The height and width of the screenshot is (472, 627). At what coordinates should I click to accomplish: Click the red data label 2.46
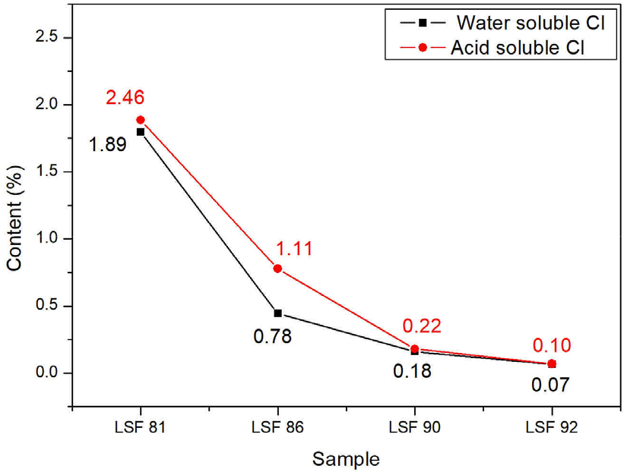pos(125,98)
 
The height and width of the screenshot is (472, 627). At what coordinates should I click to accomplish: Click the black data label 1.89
pos(107,143)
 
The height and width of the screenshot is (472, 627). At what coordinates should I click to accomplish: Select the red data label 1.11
pos(293,248)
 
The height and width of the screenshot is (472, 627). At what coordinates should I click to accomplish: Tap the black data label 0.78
pos(272,335)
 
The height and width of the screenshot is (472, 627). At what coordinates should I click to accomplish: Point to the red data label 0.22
pos(422,326)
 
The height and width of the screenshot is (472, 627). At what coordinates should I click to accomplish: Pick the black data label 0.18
pos(411,372)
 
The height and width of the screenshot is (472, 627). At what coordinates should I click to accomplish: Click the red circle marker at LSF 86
pos(277,269)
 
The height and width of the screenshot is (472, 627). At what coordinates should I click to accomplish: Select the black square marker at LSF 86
pos(277,313)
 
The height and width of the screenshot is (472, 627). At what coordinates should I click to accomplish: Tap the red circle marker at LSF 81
pos(141,120)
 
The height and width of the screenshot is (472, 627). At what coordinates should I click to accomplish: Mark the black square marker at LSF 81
pos(141,132)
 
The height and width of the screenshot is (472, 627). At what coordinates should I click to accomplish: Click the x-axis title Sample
pos(346,458)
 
